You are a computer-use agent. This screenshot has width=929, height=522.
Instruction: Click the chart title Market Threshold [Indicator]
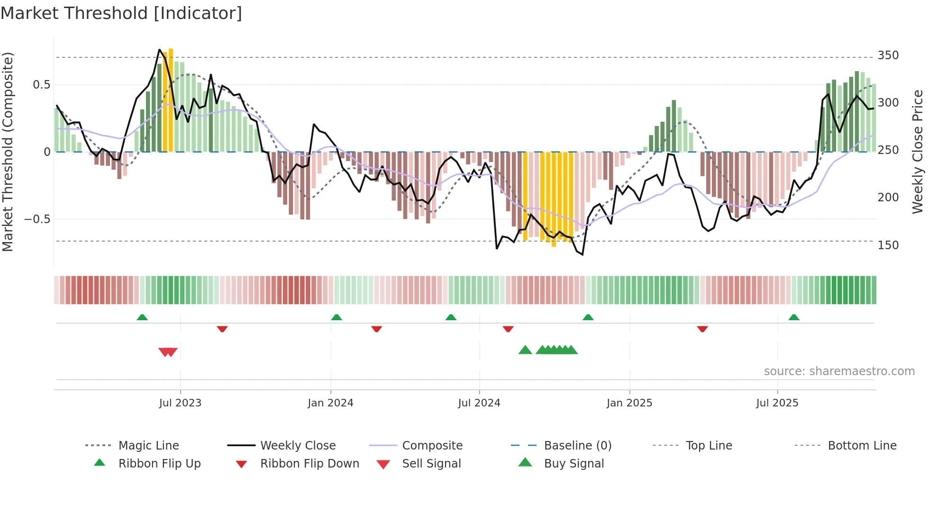pyautogui.click(x=121, y=13)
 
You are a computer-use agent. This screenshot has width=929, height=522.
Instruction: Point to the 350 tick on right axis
pyautogui.click(x=888, y=55)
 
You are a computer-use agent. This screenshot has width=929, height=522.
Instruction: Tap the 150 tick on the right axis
pyautogui.click(x=888, y=245)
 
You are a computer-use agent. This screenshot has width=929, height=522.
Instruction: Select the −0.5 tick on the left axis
pyautogui.click(x=37, y=219)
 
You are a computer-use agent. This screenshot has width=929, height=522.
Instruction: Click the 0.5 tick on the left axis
pyautogui.click(x=41, y=85)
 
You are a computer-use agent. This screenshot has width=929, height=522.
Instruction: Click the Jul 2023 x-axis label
pyautogui.click(x=180, y=403)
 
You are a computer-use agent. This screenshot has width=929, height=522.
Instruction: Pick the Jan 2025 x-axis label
pyautogui.click(x=629, y=403)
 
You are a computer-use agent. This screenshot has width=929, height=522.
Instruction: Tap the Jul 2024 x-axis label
pyautogui.click(x=479, y=403)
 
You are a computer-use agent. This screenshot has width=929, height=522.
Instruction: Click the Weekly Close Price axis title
pyautogui.click(x=918, y=152)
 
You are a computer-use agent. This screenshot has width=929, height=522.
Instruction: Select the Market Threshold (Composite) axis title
pyautogui.click(x=8, y=152)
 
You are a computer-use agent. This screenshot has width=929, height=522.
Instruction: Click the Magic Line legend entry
pyautogui.click(x=148, y=446)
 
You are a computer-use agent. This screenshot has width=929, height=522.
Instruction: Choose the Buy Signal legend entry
pyautogui.click(x=574, y=464)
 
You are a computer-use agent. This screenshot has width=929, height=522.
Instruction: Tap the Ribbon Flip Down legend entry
pyautogui.click(x=310, y=464)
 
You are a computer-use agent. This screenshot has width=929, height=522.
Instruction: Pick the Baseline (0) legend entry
pyautogui.click(x=577, y=446)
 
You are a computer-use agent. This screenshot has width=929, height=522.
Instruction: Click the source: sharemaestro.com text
pyautogui.click(x=839, y=371)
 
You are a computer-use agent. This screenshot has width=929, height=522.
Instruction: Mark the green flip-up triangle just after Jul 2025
pyautogui.click(x=794, y=317)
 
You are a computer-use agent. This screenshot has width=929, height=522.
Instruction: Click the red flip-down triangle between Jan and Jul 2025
pyautogui.click(x=702, y=329)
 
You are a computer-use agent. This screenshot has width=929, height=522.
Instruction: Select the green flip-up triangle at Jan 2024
pyautogui.click(x=337, y=317)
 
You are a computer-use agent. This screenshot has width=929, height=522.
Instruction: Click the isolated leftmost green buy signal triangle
pyautogui.click(x=525, y=350)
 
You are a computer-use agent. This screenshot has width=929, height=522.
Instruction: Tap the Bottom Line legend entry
pyautogui.click(x=862, y=446)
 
